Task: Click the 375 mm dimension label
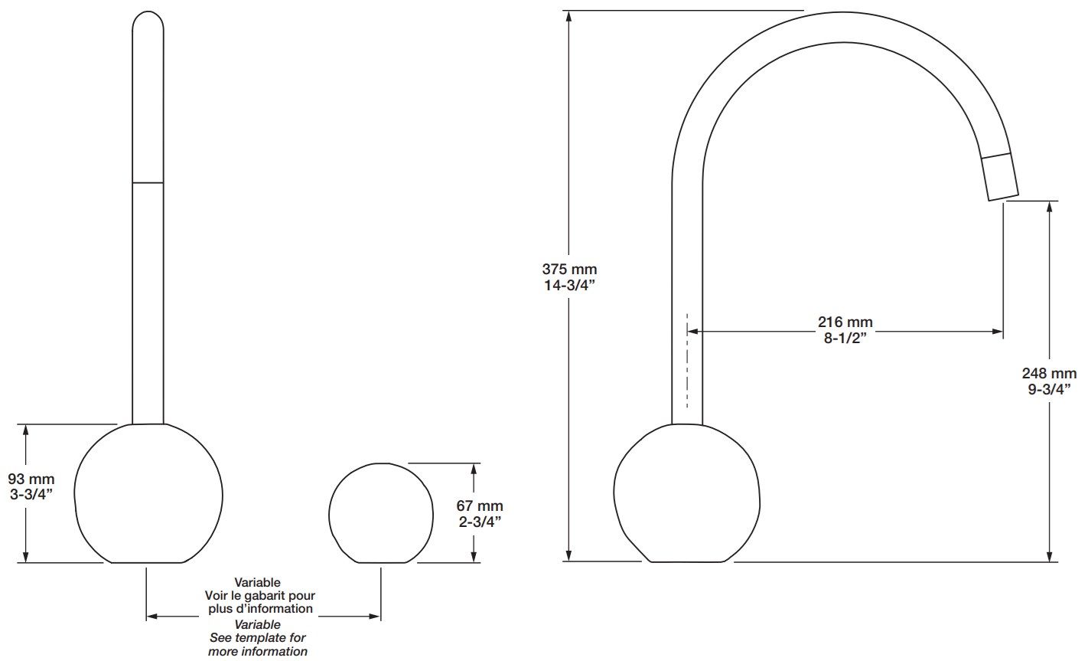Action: [569, 270]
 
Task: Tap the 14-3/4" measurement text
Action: [569, 286]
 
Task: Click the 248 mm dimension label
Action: [1049, 374]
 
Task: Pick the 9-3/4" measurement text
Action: [1049, 389]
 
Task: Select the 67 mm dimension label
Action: [480, 506]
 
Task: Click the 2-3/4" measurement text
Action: [480, 522]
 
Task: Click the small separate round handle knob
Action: [379, 513]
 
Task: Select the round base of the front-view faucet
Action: [148, 494]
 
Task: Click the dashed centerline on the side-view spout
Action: [687, 360]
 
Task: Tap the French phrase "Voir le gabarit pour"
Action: [259, 595]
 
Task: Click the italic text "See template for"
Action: [258, 637]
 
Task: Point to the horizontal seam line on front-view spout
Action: [148, 182]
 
